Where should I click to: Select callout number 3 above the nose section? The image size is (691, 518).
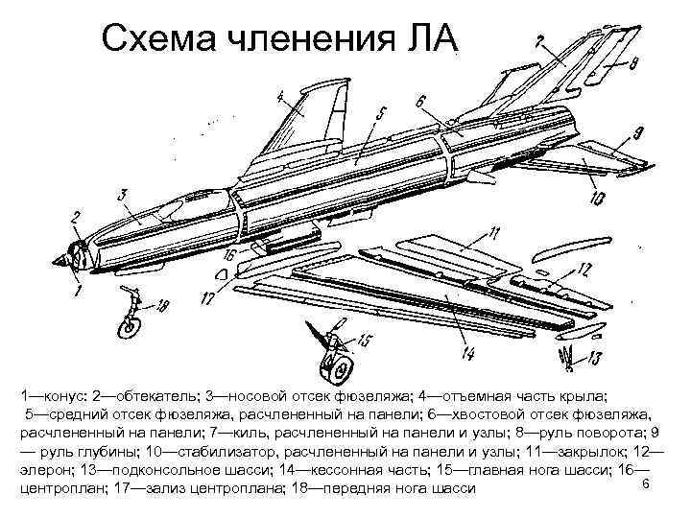coord(124,196)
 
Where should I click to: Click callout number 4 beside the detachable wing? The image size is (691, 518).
coord(280,97)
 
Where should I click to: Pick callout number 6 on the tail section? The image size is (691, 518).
coord(421,100)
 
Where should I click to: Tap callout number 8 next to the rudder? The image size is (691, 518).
coord(634,66)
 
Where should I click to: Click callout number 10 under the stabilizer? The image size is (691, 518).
coord(597,200)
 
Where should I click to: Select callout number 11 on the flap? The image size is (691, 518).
coord(493,233)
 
